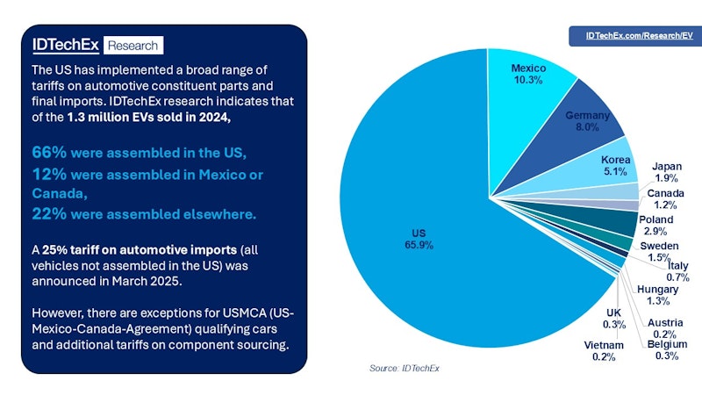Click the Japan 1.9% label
point(668,172)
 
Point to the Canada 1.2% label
point(667,198)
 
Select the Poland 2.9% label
point(656,225)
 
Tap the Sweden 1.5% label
point(660,251)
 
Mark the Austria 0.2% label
point(664,327)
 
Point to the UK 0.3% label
point(613,319)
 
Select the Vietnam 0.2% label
point(603,350)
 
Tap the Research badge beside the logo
point(132,46)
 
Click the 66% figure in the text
point(49,151)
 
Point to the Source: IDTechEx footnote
point(404,368)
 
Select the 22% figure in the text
point(49,213)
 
